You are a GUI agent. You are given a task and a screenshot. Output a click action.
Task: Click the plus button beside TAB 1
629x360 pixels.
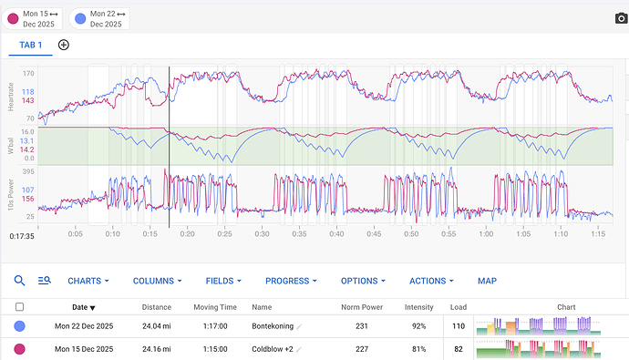point(64,45)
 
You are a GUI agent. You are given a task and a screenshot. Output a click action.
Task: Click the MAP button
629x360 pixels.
point(488,282)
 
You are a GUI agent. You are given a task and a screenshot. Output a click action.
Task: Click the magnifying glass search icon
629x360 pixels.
point(19,282)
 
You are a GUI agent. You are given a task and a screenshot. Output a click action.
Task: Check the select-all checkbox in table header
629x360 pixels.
point(20,307)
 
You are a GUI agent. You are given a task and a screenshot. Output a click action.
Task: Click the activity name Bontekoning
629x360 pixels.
point(273,326)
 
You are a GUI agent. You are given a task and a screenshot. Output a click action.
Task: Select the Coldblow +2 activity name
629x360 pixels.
point(271,349)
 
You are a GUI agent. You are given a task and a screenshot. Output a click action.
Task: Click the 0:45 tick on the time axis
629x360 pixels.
point(374,234)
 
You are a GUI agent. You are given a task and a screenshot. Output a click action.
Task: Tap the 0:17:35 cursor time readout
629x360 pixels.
point(22,235)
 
